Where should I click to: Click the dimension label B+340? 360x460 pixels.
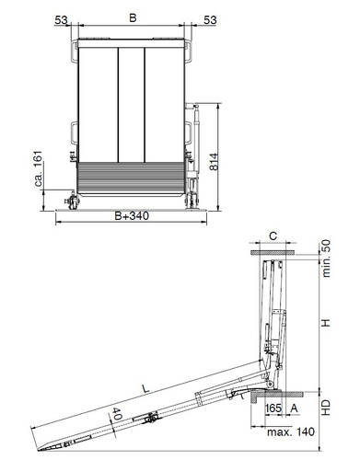point(132,215)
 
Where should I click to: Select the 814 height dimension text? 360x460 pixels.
point(214,162)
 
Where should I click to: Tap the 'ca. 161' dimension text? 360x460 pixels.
point(38,168)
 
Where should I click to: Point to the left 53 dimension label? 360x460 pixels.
point(61,20)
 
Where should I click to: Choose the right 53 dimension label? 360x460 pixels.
point(210,20)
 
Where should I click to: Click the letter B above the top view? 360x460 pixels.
point(133,17)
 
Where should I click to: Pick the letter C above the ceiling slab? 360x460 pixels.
point(273,236)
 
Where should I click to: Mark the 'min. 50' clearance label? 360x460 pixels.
point(326,259)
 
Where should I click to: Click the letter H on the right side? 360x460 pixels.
point(326,323)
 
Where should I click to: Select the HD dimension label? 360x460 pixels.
point(326,408)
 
